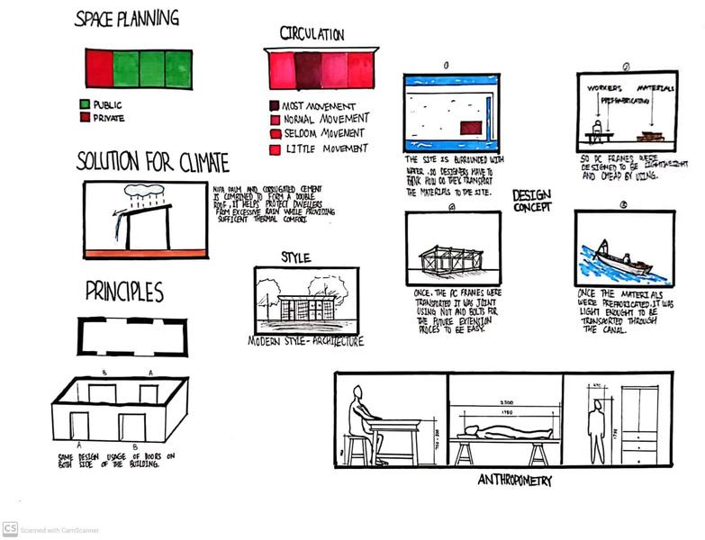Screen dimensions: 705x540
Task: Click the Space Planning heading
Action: click(126, 18)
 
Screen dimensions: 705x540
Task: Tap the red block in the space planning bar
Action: click(99, 69)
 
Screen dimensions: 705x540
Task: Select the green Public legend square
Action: click(85, 103)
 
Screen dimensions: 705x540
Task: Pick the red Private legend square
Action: click(85, 117)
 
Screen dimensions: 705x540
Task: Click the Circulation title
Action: click(312, 34)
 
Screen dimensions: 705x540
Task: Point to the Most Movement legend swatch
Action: click(275, 105)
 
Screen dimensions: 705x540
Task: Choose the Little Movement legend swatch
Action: click(275, 148)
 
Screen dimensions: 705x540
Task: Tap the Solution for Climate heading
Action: click(152, 163)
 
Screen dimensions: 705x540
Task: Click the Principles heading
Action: click(124, 292)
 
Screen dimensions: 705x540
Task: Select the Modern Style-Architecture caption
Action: click(306, 342)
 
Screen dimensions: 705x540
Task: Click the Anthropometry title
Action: click(514, 481)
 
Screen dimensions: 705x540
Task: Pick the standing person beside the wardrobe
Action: click(596, 430)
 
